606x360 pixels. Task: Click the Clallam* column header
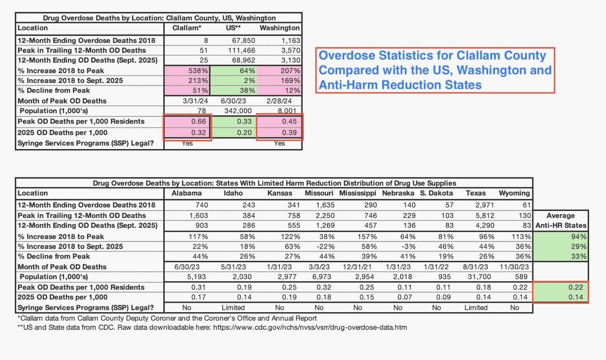(186, 28)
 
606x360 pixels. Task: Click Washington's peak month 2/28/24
(279, 101)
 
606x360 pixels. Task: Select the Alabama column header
(186, 193)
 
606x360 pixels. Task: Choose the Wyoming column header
(514, 193)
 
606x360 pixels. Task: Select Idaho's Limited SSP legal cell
(233, 308)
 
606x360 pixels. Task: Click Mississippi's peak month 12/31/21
(357, 267)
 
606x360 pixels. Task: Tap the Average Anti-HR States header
(561, 221)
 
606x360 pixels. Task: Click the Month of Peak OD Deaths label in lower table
(62, 267)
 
